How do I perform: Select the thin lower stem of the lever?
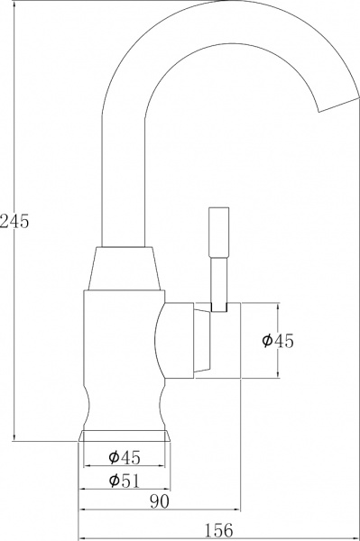point(217,281)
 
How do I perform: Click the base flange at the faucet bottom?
point(125,437)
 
